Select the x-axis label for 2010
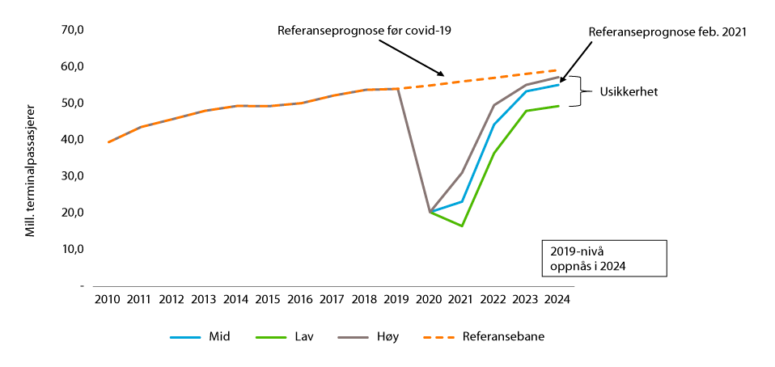click(x=107, y=299)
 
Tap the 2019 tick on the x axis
click(x=397, y=299)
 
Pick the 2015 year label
click(x=268, y=299)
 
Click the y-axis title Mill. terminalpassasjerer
click(x=30, y=170)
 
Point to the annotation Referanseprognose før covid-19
click(x=364, y=31)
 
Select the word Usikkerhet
click(x=628, y=91)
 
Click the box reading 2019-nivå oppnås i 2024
click(x=604, y=258)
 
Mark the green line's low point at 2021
click(x=462, y=226)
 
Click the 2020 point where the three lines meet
click(x=430, y=212)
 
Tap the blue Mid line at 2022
click(x=493, y=124)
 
